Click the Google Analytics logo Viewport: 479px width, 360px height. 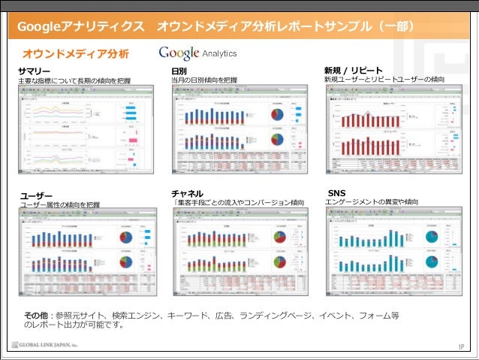pos(197,53)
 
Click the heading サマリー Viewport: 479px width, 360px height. pos(34,70)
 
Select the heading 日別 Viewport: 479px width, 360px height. pos(179,70)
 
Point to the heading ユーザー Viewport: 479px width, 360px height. pos(37,195)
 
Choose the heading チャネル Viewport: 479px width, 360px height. pos(187,193)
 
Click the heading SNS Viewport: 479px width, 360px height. pos(337,193)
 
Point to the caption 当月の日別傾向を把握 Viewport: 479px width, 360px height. pos(204,80)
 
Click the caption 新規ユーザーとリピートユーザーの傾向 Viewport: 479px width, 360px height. pos(384,80)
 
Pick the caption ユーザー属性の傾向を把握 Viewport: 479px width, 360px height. pos(59,204)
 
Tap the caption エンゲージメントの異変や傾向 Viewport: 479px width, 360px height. pos(372,202)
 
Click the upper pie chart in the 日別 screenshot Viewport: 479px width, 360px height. pos(277,115)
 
